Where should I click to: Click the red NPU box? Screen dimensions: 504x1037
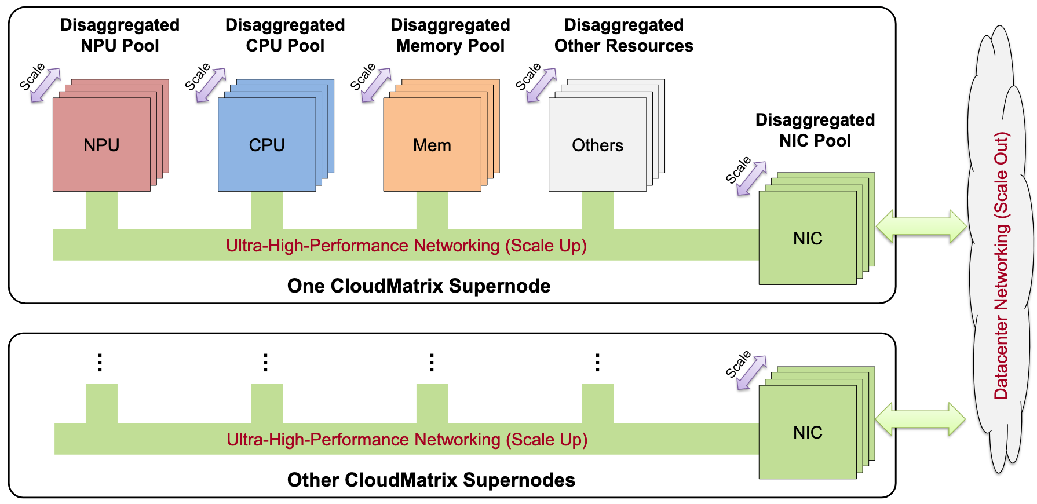click(x=101, y=145)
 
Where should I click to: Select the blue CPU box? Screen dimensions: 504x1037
click(x=266, y=145)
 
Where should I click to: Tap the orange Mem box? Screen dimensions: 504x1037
click(x=432, y=145)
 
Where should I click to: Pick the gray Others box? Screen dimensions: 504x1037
click(x=597, y=145)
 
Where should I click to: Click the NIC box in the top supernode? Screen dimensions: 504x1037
click(x=808, y=238)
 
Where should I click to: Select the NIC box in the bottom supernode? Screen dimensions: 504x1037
click(x=808, y=432)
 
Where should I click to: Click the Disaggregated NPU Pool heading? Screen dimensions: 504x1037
click(x=120, y=35)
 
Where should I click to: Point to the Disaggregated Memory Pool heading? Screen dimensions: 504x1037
click(x=450, y=35)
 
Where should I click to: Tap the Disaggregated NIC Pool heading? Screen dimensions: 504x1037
click(x=815, y=130)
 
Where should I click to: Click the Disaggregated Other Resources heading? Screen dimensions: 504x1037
click(x=624, y=35)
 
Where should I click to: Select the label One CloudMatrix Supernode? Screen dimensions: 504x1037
click(x=418, y=286)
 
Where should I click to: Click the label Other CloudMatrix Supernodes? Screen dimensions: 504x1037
click(x=431, y=480)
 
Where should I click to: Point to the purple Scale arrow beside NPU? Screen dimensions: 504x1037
click(x=46, y=85)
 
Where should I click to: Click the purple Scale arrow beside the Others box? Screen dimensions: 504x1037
click(x=542, y=85)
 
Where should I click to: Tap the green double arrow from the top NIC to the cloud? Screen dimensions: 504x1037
click(x=921, y=227)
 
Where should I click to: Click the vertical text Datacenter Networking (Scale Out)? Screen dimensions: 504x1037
click(x=1001, y=266)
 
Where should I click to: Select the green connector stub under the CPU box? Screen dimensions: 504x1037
click(x=267, y=210)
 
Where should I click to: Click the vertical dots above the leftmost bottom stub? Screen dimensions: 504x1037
click(x=100, y=362)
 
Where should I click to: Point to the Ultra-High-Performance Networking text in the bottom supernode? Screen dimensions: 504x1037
click(x=407, y=440)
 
